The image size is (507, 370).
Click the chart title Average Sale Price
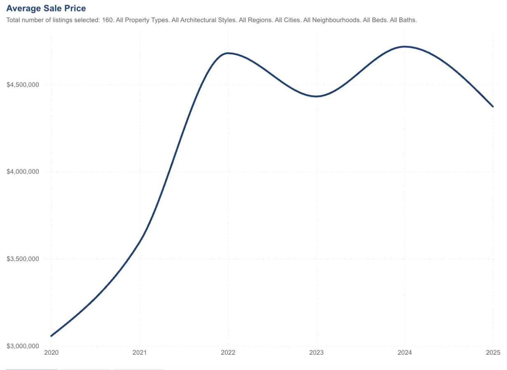tap(46, 8)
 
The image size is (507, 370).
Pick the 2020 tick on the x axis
tap(51, 353)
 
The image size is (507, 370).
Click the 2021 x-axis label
tap(140, 353)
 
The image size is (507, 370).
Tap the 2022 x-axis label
tap(228, 353)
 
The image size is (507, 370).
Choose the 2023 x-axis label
tap(316, 353)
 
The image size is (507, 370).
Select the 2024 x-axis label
tap(405, 353)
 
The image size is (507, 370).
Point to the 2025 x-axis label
tap(493, 353)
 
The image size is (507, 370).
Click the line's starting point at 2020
tap(51, 336)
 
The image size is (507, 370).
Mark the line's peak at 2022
tap(228, 53)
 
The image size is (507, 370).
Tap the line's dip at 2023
tap(316, 97)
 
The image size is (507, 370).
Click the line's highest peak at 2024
tap(405, 46)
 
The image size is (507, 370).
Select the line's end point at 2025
tap(493, 106)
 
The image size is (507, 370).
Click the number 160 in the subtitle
tap(107, 20)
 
